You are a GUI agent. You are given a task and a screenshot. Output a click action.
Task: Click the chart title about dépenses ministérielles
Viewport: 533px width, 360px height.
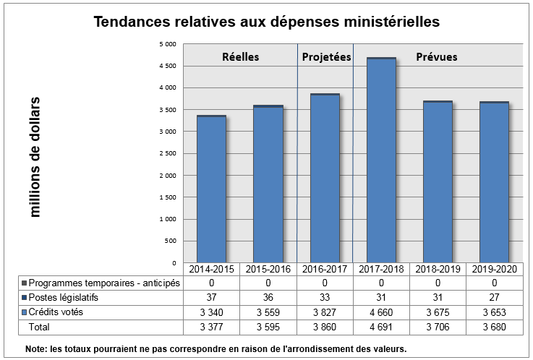266,22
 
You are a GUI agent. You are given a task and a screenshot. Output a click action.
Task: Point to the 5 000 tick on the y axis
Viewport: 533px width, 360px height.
167,44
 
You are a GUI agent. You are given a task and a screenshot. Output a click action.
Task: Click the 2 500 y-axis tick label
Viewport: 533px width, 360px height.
167,153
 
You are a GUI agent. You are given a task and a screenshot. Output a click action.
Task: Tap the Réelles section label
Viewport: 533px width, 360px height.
240,57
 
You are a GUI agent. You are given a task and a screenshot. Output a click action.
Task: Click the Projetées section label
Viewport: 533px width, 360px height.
326,57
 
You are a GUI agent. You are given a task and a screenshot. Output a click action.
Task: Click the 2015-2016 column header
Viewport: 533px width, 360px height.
268,269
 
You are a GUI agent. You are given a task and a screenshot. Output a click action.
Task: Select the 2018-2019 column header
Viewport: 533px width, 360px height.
438,269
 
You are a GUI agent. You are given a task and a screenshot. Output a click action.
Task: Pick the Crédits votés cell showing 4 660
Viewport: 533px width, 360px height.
381,312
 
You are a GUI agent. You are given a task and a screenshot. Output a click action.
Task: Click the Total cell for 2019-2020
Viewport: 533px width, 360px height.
495,327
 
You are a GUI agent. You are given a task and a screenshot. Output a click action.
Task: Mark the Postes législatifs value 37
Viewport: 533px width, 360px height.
211,297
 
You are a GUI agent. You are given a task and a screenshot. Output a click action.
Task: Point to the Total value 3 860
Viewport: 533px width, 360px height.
325,327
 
